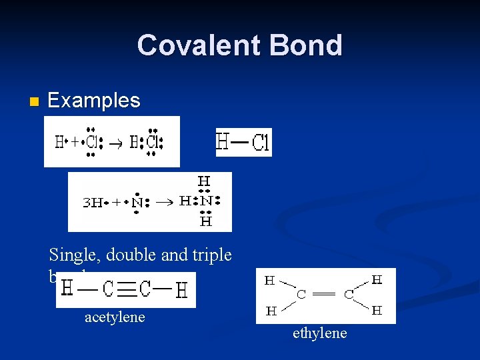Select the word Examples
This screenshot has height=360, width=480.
tap(94, 101)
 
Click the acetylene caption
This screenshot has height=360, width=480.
tap(114, 317)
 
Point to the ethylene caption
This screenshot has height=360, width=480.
tap(319, 333)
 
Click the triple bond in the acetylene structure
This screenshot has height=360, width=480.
tap(127, 289)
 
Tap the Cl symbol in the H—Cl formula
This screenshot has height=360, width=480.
tap(261, 143)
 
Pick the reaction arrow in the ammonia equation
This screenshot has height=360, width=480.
tap(167, 201)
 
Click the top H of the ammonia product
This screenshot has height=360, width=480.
tap(205, 181)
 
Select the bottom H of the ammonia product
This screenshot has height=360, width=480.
tap(205, 221)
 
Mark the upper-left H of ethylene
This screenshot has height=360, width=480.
tap(270, 281)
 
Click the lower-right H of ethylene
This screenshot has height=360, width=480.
tap(377, 311)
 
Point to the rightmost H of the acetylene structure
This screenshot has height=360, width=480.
tap(181, 289)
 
